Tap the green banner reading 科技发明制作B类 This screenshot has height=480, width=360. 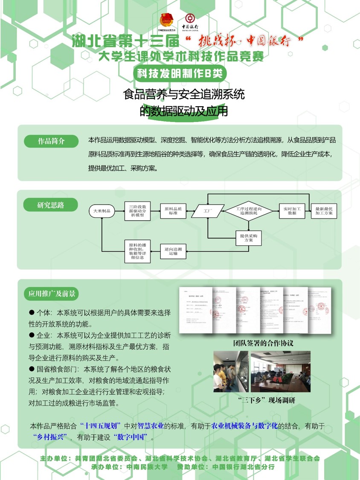pos(179,73)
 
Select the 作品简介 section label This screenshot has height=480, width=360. pos(51,141)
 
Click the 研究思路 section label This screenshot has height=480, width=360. pos(50,205)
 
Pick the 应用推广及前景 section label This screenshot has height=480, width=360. pos(52,294)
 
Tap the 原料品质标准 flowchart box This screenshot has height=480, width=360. pos(173,211)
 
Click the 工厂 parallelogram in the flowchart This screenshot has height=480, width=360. pos(208,211)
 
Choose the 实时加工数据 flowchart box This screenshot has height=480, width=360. pos(292,211)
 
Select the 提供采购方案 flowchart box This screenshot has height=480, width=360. pos(249,238)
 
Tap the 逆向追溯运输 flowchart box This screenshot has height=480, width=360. pos(173,251)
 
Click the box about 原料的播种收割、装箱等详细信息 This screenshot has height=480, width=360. pos(137,251)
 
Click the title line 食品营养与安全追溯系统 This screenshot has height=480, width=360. pos(184,94)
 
